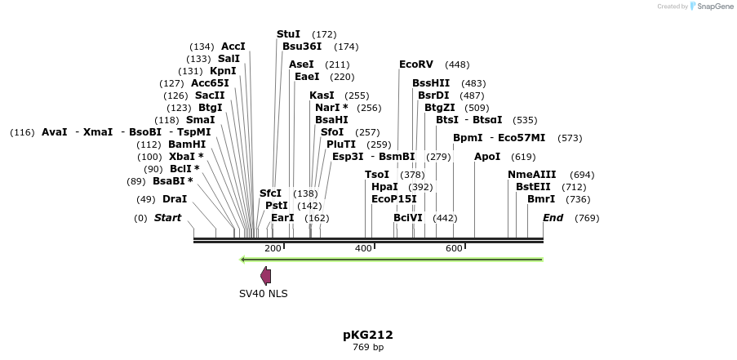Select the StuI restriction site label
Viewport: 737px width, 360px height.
pos(288,34)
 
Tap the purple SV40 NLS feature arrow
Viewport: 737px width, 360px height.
pos(265,276)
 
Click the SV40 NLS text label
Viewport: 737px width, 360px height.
pos(263,294)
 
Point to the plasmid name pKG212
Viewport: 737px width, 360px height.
pos(368,335)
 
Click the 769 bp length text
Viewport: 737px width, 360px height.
pos(368,348)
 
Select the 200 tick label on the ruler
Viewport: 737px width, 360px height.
pos(273,248)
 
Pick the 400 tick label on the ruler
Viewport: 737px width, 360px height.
pos(364,248)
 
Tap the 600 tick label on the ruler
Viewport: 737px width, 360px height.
pos(455,248)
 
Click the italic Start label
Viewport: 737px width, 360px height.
pos(167,218)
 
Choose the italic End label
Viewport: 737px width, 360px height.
pos(553,218)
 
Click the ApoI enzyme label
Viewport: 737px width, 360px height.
pos(487,157)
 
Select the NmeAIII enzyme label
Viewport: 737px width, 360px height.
pos(531,175)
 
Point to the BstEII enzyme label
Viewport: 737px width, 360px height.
pos(534,187)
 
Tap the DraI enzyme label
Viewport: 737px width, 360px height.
pos(175,199)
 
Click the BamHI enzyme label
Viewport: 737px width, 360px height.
pos(187,144)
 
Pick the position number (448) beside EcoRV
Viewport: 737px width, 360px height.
pos(457,64)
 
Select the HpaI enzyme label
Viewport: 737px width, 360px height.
pos(384,187)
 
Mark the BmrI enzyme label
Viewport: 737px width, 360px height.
pos(541,199)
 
